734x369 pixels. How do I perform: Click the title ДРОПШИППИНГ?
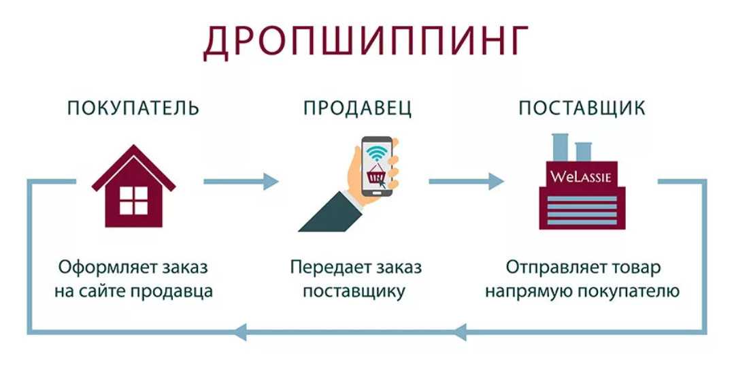click(x=366, y=42)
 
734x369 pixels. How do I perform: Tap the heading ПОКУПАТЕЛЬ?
click(x=133, y=108)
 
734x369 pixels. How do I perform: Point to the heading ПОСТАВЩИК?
click(x=582, y=108)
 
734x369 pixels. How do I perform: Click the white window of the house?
click(x=133, y=199)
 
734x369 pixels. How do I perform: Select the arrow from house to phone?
click(x=241, y=181)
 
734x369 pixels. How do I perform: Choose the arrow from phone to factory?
click(x=467, y=181)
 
